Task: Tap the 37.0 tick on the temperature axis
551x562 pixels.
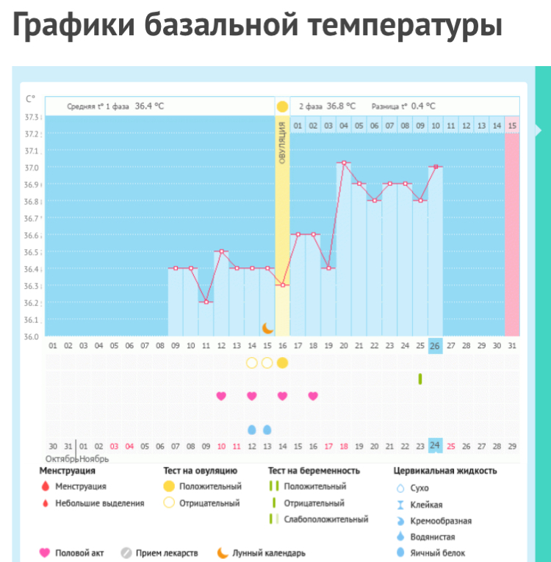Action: [32, 168]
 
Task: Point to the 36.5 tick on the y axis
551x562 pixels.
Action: [32, 252]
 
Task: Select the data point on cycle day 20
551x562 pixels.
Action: [343, 162]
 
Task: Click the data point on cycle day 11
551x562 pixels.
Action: [206, 302]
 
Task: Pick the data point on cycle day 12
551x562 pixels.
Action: [221, 251]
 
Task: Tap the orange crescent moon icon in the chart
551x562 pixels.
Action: [268, 327]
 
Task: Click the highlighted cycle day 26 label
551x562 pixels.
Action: [435, 346]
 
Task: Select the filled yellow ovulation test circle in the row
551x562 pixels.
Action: [283, 363]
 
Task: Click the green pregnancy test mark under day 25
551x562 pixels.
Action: [420, 378]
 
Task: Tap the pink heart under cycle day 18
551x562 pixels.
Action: [313, 396]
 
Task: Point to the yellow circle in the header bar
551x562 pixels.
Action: [283, 107]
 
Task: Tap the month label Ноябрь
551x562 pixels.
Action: [94, 458]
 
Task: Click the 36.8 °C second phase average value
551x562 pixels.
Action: [342, 106]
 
